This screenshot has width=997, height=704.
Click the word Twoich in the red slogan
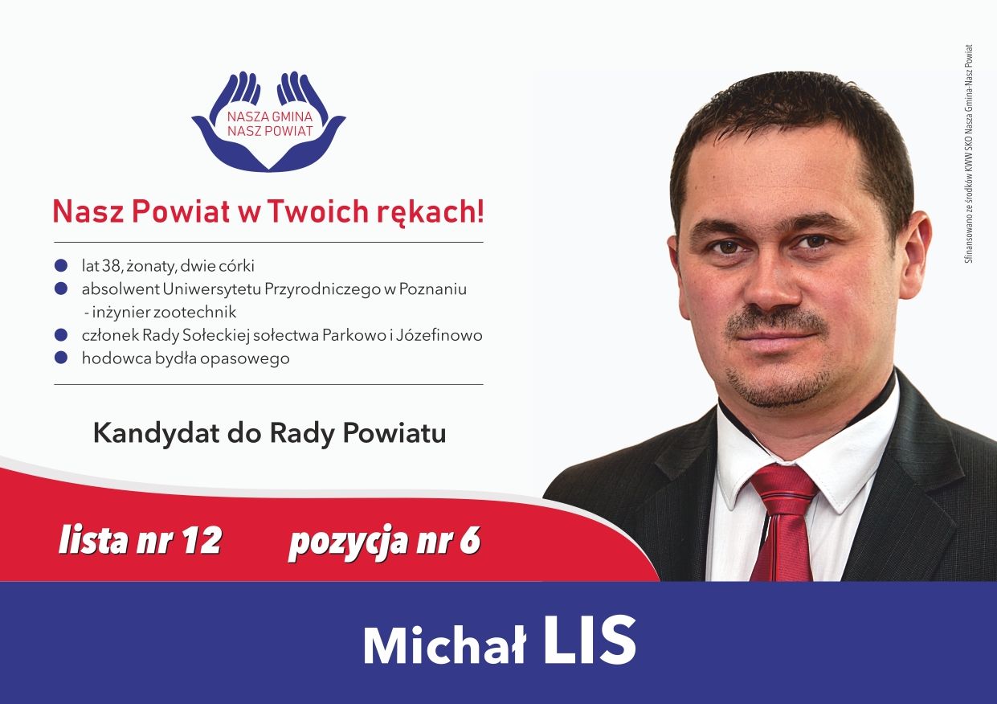(x=319, y=211)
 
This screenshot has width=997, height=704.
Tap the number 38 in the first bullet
(x=112, y=266)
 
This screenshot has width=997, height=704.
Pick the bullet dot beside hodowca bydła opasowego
(x=61, y=358)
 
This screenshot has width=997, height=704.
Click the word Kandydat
(x=156, y=434)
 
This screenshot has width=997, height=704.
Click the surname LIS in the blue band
(x=590, y=641)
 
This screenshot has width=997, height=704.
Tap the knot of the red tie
(x=785, y=489)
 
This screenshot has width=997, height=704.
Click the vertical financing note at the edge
(x=969, y=153)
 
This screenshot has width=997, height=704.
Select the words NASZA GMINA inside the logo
(x=270, y=117)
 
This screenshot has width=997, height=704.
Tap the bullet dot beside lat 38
(x=61, y=266)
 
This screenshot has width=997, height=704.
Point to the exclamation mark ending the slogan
(x=480, y=211)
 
